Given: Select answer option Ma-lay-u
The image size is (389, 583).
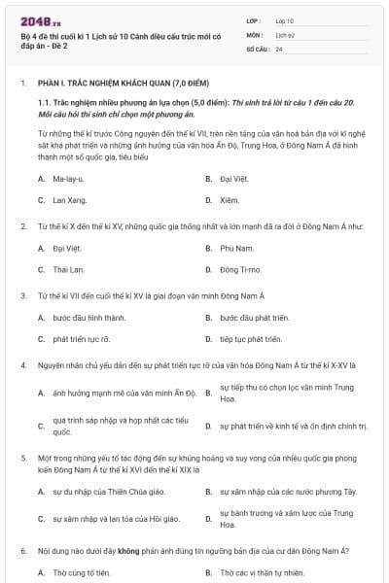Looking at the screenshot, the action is click(67, 179).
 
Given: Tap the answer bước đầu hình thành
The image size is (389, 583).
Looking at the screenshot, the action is click(88, 318).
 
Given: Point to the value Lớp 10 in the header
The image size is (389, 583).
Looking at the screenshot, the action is click(285, 20).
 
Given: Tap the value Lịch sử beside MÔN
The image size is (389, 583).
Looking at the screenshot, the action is click(285, 34).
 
